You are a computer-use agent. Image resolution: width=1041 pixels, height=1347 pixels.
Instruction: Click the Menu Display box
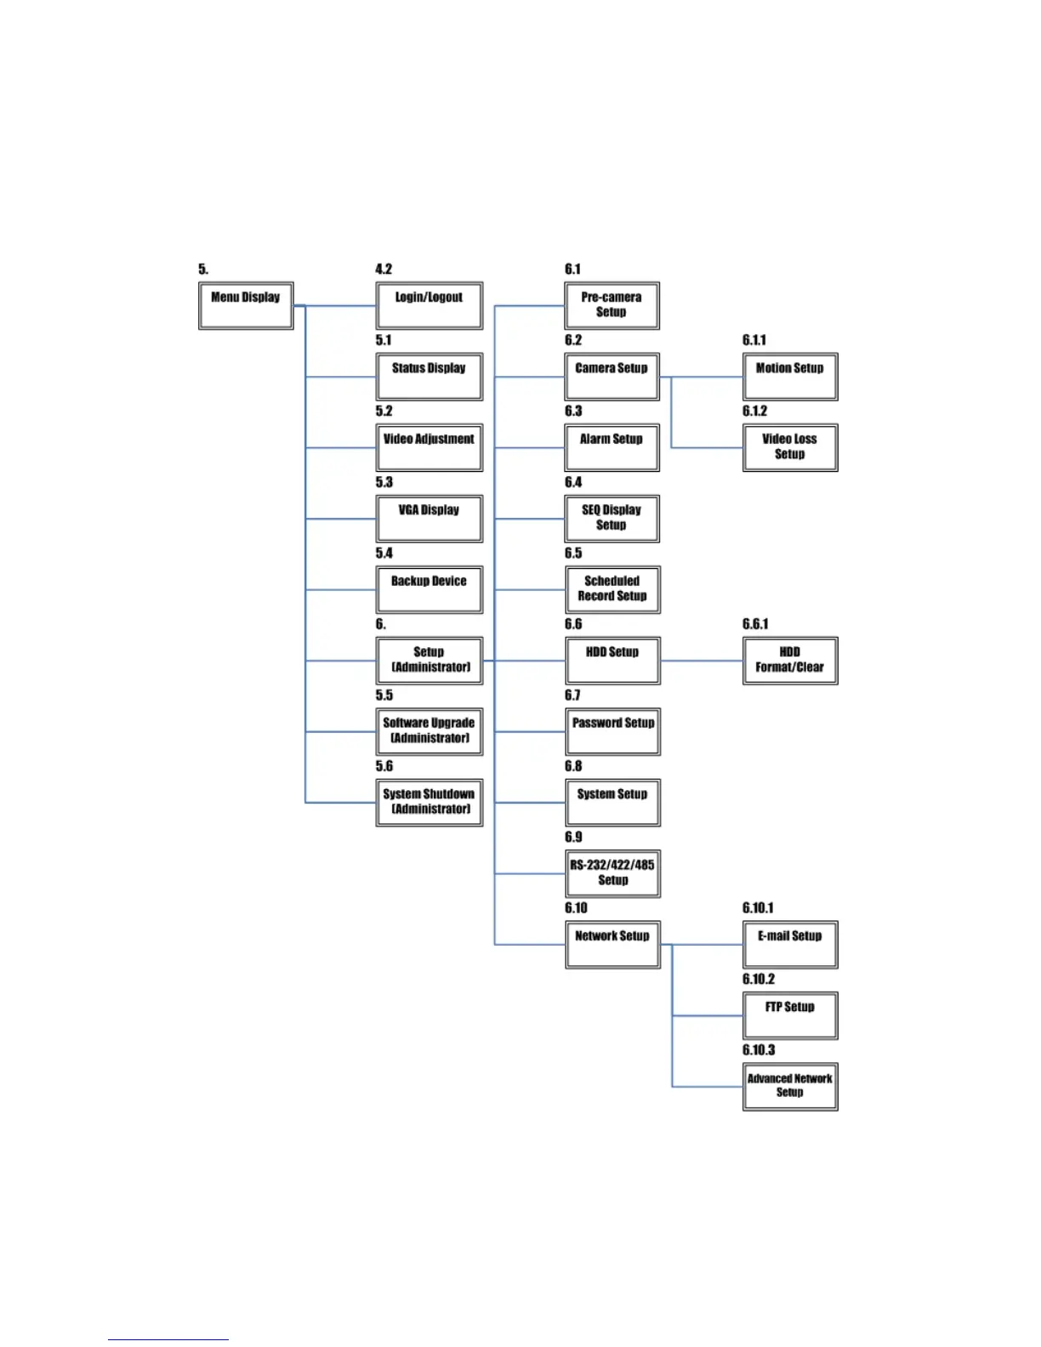click(x=246, y=305)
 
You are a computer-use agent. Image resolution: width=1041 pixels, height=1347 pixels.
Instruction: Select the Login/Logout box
click(x=429, y=305)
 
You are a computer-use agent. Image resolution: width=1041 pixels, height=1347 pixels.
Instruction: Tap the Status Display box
click(x=429, y=377)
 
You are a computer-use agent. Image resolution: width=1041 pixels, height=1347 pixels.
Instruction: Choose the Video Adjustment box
click(x=429, y=447)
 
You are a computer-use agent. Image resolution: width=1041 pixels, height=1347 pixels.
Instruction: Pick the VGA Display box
click(x=429, y=519)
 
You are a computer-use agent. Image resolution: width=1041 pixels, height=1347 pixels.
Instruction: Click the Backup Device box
click(x=429, y=589)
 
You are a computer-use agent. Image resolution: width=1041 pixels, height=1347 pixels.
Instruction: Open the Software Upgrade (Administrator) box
click(x=429, y=731)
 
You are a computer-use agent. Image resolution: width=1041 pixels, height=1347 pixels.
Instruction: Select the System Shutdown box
click(x=429, y=802)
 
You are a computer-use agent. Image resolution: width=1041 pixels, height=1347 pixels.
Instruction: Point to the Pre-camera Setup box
click(x=612, y=305)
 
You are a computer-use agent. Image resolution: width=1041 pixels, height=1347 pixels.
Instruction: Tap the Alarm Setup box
click(x=612, y=447)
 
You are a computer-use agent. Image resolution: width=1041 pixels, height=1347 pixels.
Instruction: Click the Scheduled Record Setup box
click(x=612, y=589)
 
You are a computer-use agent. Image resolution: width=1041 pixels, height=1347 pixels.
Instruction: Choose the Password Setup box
click(x=612, y=731)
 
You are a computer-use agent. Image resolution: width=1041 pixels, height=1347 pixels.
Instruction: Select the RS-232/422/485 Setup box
click(x=612, y=873)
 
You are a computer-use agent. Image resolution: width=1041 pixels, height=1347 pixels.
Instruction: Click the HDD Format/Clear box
click(x=789, y=661)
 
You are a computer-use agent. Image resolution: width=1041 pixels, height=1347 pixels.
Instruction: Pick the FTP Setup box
click(x=789, y=1015)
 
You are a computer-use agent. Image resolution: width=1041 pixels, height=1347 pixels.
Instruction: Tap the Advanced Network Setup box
click(x=789, y=1086)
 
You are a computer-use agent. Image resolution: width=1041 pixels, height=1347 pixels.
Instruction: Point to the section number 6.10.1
click(x=758, y=908)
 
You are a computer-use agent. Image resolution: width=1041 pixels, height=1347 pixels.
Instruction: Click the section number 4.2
click(x=384, y=270)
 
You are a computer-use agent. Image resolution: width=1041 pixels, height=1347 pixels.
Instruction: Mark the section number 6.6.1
click(x=755, y=624)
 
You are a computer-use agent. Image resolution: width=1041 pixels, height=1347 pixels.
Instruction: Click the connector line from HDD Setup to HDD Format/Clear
click(x=702, y=661)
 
